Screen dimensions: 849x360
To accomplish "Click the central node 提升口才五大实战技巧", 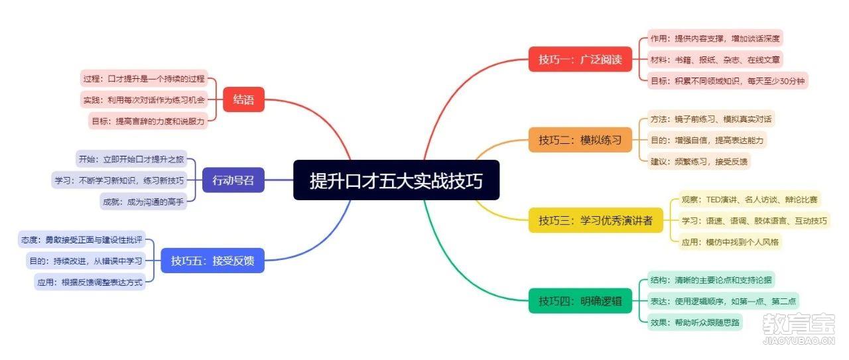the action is coord(397,180).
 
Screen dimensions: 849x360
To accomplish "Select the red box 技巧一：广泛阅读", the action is coord(580,59).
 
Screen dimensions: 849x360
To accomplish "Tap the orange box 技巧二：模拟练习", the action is coord(580,140).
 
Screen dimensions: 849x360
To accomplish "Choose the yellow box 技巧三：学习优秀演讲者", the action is coord(596,220).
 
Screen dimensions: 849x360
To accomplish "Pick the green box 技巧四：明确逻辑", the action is coord(580,301).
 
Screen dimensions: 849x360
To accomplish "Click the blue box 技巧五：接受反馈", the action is coord(213,261).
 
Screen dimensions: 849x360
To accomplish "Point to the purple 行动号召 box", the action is coord(233,180).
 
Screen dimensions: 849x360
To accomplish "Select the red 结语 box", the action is coord(243,99).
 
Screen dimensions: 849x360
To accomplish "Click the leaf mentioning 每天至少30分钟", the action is coord(728,81).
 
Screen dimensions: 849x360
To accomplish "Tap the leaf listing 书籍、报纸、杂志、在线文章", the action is coord(715,60).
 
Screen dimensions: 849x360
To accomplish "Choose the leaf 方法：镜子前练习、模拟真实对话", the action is coord(711,119).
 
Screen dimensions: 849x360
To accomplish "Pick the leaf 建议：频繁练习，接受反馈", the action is coord(699,161).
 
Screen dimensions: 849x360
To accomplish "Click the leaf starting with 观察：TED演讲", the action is coord(750,200).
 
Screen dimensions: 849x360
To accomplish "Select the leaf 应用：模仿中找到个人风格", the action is coord(730,242).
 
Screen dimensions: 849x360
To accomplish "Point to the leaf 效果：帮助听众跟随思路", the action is coord(694,322).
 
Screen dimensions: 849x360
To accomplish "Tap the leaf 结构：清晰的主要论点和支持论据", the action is coord(711,280).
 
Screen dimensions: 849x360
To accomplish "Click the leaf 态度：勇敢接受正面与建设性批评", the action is coord(82,239).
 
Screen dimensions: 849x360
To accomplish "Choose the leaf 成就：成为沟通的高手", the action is coord(143,202).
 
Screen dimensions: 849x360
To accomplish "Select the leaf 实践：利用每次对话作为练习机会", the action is coord(144,99).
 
